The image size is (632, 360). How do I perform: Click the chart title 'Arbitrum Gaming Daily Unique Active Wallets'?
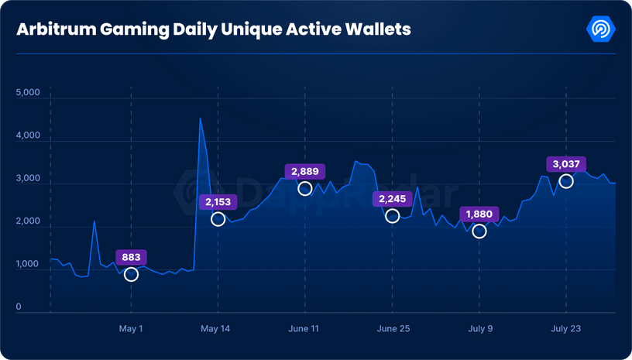coord(214,29)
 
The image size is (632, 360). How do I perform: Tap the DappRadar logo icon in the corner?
coord(601,29)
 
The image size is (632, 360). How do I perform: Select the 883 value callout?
coord(131,258)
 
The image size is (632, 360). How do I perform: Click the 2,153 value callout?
coord(218,202)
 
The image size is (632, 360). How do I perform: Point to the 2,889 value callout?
coord(305,172)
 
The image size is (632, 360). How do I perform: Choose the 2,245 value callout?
coord(393,199)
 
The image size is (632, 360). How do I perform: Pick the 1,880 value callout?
coord(479,214)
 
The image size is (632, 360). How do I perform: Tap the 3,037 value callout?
coord(566,164)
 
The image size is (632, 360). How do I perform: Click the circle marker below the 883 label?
coord(131,275)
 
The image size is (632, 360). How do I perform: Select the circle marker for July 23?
coord(566,181)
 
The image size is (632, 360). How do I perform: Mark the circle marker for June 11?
coord(305,189)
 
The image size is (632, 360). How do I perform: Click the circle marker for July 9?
coord(479,231)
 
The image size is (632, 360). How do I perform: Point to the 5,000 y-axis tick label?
coord(27,93)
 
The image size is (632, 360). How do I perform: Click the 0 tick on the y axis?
coord(19,307)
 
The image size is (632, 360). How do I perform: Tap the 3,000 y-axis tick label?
coord(27,179)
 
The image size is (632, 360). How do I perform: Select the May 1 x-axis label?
coord(131,329)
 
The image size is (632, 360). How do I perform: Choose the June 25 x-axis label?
coord(393,329)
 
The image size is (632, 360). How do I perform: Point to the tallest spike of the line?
coord(200,118)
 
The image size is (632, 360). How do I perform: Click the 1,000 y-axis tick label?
coord(27,265)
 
